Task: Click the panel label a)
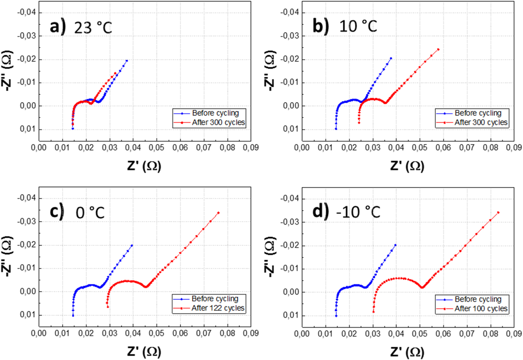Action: (x=58, y=27)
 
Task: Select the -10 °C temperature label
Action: (x=358, y=212)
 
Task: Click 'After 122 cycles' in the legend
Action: (x=218, y=308)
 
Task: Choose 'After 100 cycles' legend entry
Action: (x=481, y=309)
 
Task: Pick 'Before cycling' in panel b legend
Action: (x=478, y=113)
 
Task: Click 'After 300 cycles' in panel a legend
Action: (x=218, y=123)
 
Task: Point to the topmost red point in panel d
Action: (x=498, y=213)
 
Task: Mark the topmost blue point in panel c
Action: (x=132, y=245)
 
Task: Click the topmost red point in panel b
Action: (x=438, y=49)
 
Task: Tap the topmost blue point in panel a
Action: (x=127, y=61)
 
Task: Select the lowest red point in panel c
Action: (x=108, y=307)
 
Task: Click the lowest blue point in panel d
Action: (x=336, y=316)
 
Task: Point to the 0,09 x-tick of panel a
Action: (x=251, y=148)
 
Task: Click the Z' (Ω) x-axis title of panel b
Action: (x=407, y=166)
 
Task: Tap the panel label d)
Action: (x=320, y=212)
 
